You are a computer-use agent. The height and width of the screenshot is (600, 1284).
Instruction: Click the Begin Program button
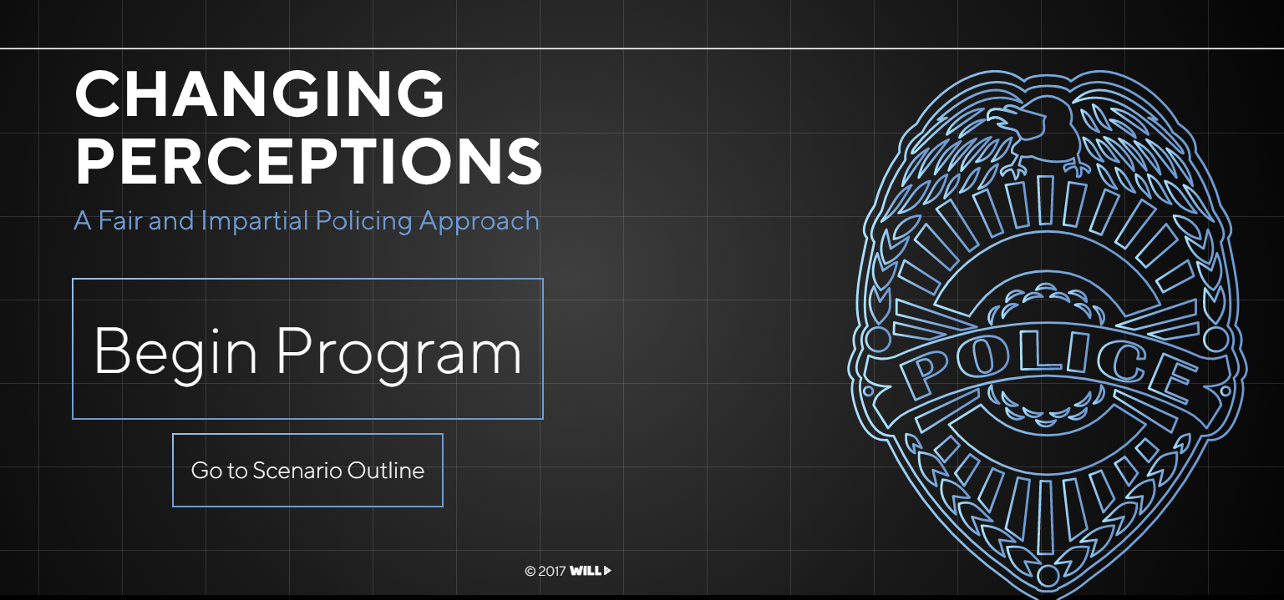[307, 349]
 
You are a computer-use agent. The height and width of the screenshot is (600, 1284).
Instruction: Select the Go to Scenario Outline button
[307, 470]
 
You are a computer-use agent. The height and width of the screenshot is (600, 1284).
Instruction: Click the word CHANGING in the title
[260, 93]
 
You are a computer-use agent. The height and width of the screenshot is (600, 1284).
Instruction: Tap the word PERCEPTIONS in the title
[308, 161]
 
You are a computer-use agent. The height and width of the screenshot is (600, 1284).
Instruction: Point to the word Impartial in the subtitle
[255, 222]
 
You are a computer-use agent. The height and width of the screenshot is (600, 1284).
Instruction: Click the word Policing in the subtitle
[363, 222]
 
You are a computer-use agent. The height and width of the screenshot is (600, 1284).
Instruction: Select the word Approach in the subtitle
[480, 222]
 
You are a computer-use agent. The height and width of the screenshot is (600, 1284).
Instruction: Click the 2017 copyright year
[552, 571]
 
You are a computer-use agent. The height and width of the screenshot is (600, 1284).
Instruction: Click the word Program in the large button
[399, 350]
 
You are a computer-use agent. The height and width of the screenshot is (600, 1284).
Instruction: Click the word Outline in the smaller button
[386, 470]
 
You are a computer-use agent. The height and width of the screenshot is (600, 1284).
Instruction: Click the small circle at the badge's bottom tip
[1047, 575]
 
